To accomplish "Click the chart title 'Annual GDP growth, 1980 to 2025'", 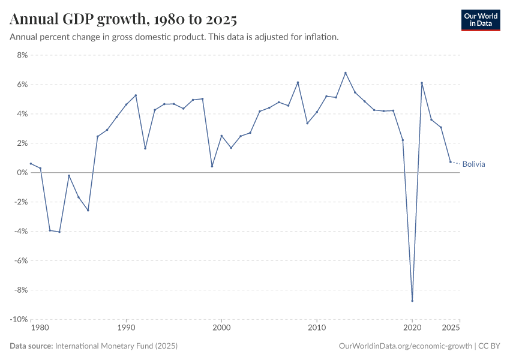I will pyautogui.click(x=124, y=20).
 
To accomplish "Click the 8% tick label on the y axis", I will pyautogui.click(x=22, y=55).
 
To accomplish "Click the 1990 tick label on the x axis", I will pyautogui.click(x=126, y=328).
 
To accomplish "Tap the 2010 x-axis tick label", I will pyautogui.click(x=317, y=328).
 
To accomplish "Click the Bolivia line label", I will pyautogui.click(x=473, y=164).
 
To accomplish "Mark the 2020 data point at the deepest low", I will pyautogui.click(x=412, y=301).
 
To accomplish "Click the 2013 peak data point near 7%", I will pyautogui.click(x=346, y=73).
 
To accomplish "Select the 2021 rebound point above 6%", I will pyautogui.click(x=422, y=83).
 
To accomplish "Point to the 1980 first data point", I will pyautogui.click(x=31, y=164).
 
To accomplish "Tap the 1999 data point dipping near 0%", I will pyautogui.click(x=212, y=166).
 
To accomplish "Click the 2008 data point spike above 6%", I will pyautogui.click(x=298, y=82).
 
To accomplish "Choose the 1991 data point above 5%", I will pyautogui.click(x=136, y=95).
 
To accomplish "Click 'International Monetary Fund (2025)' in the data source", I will pyautogui.click(x=116, y=346).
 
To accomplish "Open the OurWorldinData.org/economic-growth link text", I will pyautogui.click(x=405, y=346).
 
